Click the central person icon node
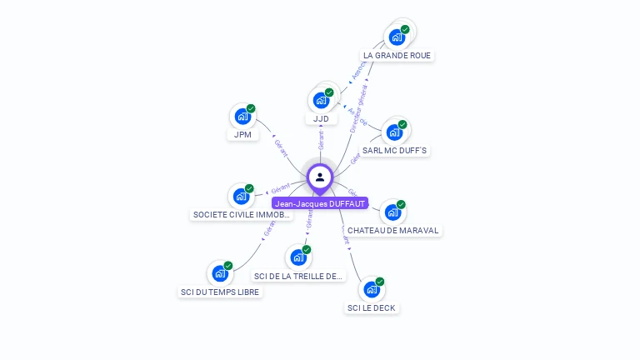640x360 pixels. pyautogui.click(x=320, y=177)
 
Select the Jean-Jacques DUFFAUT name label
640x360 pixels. pyautogui.click(x=320, y=203)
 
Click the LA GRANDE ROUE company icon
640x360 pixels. pyautogui.click(x=397, y=37)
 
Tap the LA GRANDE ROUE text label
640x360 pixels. pyautogui.click(x=397, y=55)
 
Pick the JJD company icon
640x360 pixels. pyautogui.click(x=321, y=100)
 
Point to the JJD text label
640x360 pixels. pyautogui.click(x=321, y=118)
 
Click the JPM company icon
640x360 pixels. pyautogui.click(x=242, y=117)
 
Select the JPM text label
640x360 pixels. pyautogui.click(x=242, y=134)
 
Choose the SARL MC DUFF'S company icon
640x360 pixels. pyautogui.click(x=394, y=132)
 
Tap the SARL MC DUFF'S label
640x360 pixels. pyautogui.click(x=395, y=150)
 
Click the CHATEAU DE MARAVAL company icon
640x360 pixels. pyautogui.click(x=392, y=212)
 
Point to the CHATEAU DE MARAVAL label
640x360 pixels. pyautogui.click(x=392, y=230)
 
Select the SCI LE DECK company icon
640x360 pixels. pyautogui.click(x=372, y=290)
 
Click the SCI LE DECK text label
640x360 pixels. pyautogui.click(x=372, y=307)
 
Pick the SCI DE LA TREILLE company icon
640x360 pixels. pyautogui.click(x=298, y=257)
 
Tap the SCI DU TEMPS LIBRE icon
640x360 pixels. pyautogui.click(x=220, y=273)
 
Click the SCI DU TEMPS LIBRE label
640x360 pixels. pyautogui.click(x=220, y=292)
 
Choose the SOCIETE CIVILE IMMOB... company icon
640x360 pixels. pyautogui.click(x=242, y=197)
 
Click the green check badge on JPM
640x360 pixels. pyautogui.click(x=251, y=108)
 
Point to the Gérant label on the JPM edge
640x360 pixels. pyautogui.click(x=281, y=147)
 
